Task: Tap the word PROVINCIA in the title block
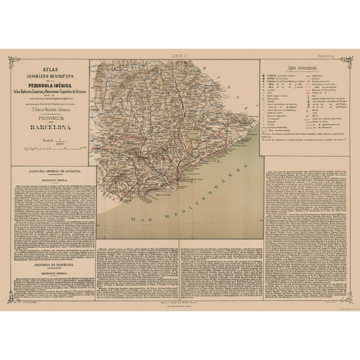pyautogui.click(x=49, y=119)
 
